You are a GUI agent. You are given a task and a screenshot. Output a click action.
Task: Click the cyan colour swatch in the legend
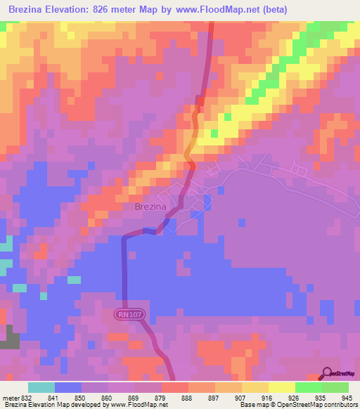(41, 387)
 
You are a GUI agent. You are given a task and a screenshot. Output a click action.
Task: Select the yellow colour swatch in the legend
(281, 387)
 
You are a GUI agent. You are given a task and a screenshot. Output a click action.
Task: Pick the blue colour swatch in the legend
(68, 387)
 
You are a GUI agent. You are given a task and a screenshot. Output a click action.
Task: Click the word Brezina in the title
(30, 9)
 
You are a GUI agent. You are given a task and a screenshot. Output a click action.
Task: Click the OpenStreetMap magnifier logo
(327, 372)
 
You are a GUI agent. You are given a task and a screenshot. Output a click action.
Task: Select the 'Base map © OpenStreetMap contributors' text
(298, 405)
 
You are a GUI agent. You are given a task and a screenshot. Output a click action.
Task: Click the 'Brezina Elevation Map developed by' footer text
(58, 405)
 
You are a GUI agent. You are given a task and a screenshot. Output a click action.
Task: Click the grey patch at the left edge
(9, 338)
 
